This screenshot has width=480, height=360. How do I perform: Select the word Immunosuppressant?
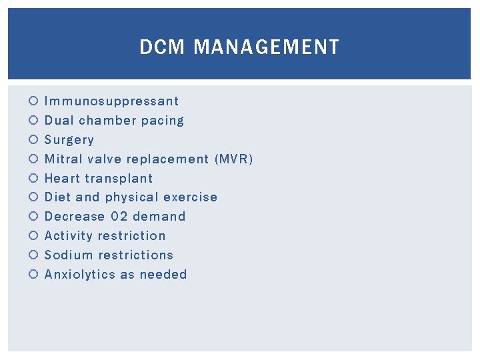(x=111, y=101)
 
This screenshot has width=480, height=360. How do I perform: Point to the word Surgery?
(x=69, y=140)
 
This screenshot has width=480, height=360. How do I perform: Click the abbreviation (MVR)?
(x=234, y=159)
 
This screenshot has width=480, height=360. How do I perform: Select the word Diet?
(x=57, y=197)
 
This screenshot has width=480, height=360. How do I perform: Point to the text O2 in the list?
(x=119, y=217)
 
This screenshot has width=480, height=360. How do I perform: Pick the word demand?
(x=159, y=217)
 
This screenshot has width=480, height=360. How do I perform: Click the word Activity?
(x=69, y=236)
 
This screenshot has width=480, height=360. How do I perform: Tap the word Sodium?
(x=68, y=255)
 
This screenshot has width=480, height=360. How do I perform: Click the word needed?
(x=163, y=275)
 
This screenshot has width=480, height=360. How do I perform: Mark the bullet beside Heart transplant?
(x=33, y=179)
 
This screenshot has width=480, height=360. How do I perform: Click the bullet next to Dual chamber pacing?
(x=33, y=121)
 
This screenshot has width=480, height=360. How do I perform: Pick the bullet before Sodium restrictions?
(x=33, y=255)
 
